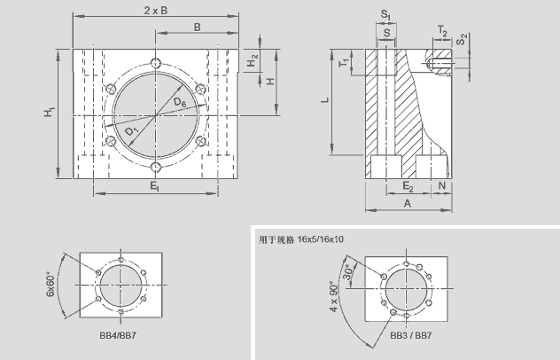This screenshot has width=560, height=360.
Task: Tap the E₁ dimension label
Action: [155, 187]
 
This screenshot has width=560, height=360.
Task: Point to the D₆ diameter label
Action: [180, 104]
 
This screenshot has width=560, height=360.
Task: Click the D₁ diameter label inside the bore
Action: [131, 132]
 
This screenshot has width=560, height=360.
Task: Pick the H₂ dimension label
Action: [253, 61]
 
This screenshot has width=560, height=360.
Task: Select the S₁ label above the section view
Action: [385, 14]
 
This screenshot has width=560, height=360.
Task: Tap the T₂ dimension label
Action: [441, 29]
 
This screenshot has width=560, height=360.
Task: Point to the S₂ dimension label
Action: [463, 39]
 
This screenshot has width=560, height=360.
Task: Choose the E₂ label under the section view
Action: [408, 187]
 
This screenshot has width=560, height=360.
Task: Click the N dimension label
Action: [442, 187]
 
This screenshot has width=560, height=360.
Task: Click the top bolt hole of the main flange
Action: [156, 63]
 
